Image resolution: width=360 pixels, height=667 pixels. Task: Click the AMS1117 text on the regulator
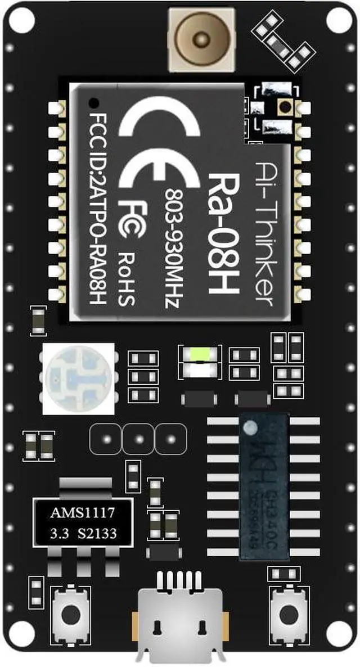(83, 513)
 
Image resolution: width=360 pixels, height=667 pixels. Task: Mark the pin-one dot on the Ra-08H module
(93, 103)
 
